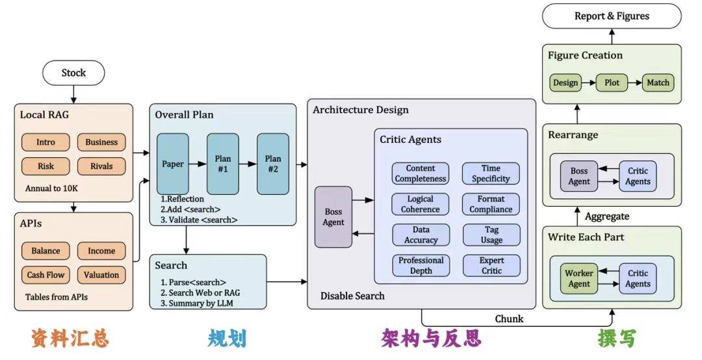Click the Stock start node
point(73,73)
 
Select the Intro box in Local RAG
point(45,142)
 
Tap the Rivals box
point(101,166)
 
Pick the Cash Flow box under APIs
point(45,275)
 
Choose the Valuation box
point(101,275)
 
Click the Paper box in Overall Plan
point(173,164)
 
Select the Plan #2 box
point(273,164)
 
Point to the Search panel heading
point(171,265)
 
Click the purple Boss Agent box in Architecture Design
point(333,217)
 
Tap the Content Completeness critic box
point(421,174)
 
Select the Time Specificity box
point(491,174)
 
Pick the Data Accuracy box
point(421,235)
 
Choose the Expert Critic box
point(491,265)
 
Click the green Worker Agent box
point(579,278)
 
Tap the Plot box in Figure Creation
point(612,83)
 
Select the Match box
point(658,83)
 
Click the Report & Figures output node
point(612,16)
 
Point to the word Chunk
point(509,319)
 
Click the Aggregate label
point(607,216)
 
